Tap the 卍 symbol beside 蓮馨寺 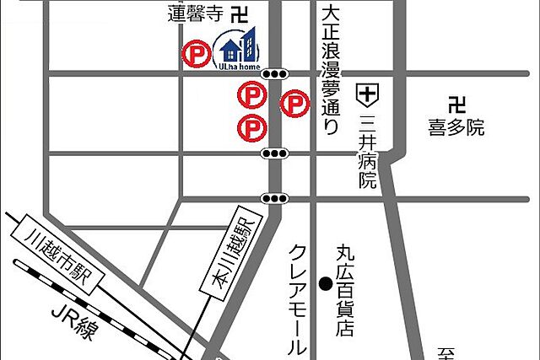pyautogui.click(x=240, y=13)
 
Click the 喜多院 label pyautogui.click(x=456, y=128)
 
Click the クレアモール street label pyautogui.click(x=297, y=298)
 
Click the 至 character pyautogui.click(x=446, y=352)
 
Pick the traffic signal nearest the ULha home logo pyautogui.click(x=274, y=74)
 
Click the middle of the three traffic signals pyautogui.click(x=274, y=153)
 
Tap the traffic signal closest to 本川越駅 pyautogui.click(x=274, y=199)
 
